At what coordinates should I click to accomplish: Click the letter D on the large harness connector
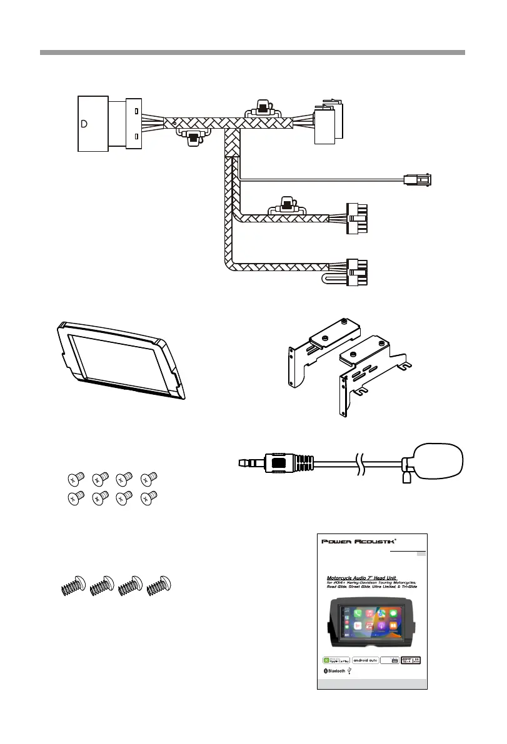84,123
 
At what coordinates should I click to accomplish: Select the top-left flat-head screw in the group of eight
73,480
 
